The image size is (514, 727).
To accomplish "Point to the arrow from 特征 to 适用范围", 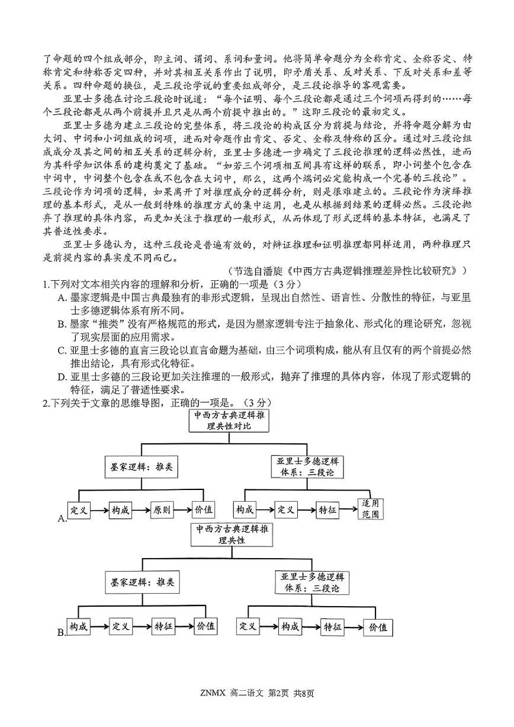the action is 348,510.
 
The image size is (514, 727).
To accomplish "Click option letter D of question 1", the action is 61,377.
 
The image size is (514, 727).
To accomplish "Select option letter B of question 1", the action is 61,325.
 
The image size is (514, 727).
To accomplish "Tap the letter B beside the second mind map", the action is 61,633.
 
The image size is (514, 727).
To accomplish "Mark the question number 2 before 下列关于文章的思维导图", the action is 45,403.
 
